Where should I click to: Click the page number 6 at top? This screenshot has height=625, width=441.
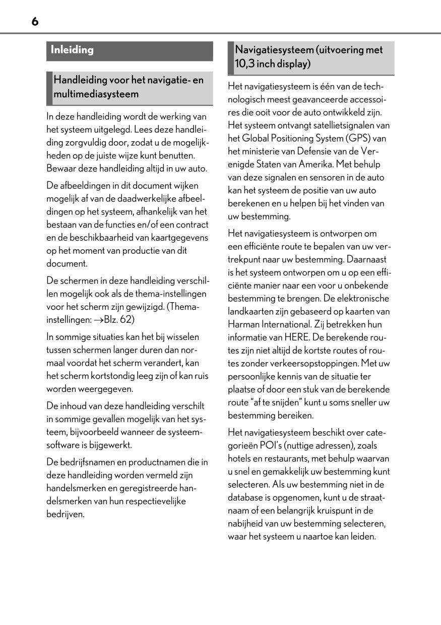(x=34, y=21)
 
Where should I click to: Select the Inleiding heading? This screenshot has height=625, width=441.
(x=72, y=50)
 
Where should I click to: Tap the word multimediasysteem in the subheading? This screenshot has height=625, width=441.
(x=96, y=94)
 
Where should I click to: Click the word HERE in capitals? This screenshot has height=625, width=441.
(x=293, y=337)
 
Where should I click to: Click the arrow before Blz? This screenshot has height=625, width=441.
(x=98, y=319)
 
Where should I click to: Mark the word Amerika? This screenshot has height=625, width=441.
(x=322, y=164)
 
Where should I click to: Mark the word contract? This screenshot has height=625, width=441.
(x=192, y=225)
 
